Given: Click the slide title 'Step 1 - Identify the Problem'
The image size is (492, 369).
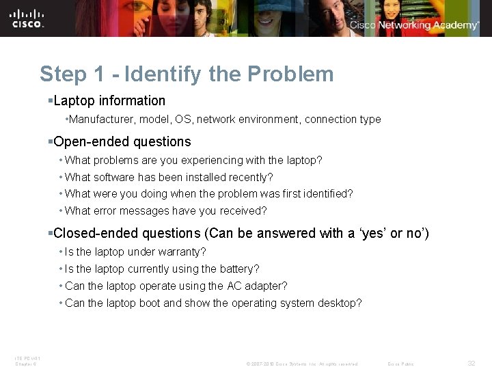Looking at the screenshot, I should point(187,74).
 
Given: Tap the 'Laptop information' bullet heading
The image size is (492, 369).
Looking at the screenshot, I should point(109,101).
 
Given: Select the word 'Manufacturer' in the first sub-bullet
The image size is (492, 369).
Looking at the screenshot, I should point(101,120).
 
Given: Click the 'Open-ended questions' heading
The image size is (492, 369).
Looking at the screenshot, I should point(122,142).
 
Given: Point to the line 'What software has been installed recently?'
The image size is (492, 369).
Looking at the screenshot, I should point(169,177).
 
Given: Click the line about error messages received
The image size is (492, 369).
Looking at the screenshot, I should point(165,210).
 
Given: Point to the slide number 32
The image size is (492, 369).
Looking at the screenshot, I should point(471,364).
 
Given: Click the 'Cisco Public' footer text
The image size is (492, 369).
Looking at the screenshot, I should point(400,364).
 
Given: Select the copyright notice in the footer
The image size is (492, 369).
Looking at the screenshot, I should point(301,364).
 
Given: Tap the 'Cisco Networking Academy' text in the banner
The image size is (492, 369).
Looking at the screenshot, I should point(414,25).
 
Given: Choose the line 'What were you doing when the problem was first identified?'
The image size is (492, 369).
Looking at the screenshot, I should point(208,194).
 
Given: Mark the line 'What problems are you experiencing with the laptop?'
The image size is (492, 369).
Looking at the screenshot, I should point(193,161).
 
